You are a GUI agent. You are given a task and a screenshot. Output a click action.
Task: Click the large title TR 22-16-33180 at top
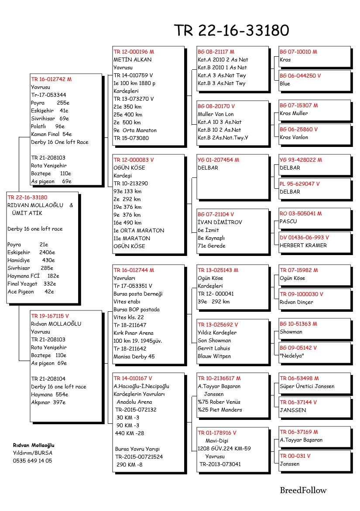(231, 31)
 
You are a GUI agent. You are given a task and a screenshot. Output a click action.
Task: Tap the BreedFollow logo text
(303, 491)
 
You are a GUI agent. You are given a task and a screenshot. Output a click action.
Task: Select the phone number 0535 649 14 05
(32, 460)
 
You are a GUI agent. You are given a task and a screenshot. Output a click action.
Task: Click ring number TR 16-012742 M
(51, 79)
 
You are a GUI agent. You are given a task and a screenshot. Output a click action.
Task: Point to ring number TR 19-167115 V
(50, 316)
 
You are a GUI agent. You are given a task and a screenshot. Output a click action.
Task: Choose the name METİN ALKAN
(133, 60)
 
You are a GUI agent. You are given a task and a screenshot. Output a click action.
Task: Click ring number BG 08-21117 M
(216, 52)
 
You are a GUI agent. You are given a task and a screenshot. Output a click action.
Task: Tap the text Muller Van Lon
(216, 114)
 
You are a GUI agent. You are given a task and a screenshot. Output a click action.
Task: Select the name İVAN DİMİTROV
(219, 222)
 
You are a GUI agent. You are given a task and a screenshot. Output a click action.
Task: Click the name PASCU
(288, 221)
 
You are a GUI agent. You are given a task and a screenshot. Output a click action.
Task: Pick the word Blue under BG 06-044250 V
(285, 84)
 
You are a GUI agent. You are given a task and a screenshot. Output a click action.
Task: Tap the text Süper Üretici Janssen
(307, 386)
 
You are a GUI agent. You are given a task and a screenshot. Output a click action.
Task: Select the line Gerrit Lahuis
(214, 348)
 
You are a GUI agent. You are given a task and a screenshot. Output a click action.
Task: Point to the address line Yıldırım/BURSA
(32, 453)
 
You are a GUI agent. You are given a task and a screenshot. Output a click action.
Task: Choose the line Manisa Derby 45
(134, 357)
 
